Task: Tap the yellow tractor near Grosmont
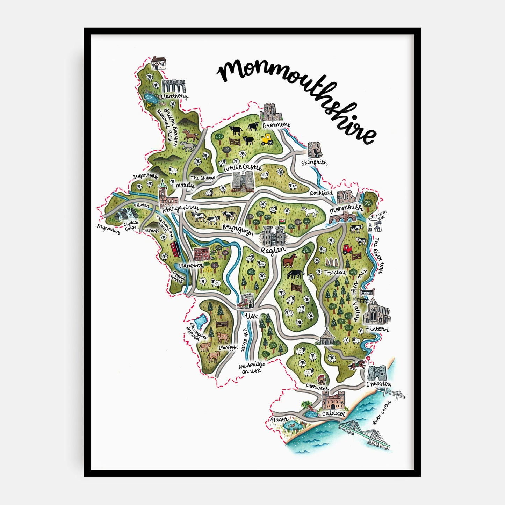click(268, 139)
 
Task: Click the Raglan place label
click(273, 250)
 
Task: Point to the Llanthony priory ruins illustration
click(173, 86)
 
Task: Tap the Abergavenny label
click(180, 209)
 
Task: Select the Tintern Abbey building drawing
click(376, 312)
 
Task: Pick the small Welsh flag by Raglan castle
click(281, 222)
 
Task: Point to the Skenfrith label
click(314, 163)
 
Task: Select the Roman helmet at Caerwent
click(321, 379)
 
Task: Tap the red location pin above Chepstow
click(368, 359)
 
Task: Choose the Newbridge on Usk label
click(252, 368)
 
